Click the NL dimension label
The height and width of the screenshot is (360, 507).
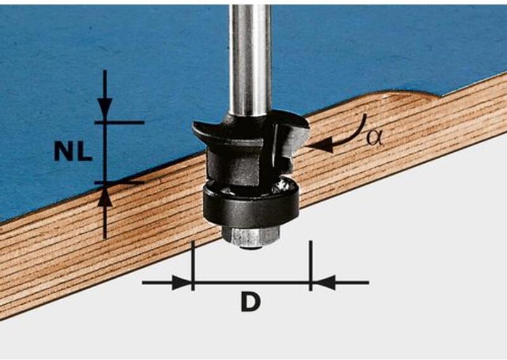tap(74, 151)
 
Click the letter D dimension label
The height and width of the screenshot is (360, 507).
tap(250, 302)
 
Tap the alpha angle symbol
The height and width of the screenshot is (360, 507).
tap(374, 138)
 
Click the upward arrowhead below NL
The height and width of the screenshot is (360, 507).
tap(105, 198)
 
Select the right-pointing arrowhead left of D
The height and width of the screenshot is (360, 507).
tap(181, 283)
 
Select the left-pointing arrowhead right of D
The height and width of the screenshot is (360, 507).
tap(324, 283)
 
